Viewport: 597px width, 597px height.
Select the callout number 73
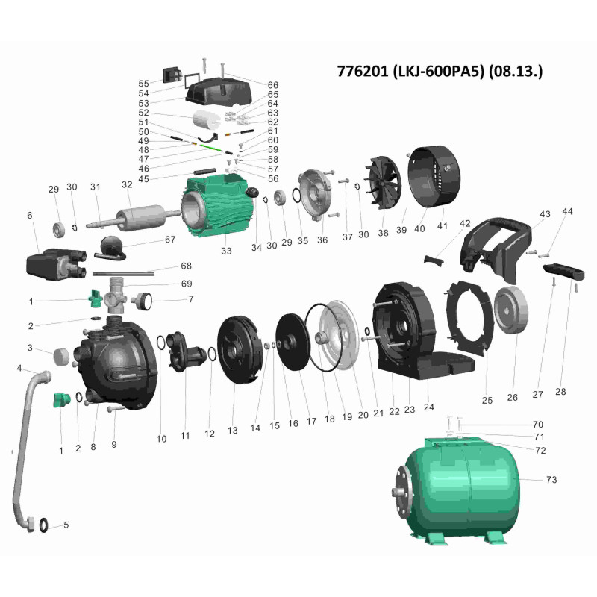click(551, 480)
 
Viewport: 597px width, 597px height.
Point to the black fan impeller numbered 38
click(383, 183)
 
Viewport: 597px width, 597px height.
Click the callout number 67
click(170, 239)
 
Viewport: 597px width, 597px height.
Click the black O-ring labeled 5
click(44, 525)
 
